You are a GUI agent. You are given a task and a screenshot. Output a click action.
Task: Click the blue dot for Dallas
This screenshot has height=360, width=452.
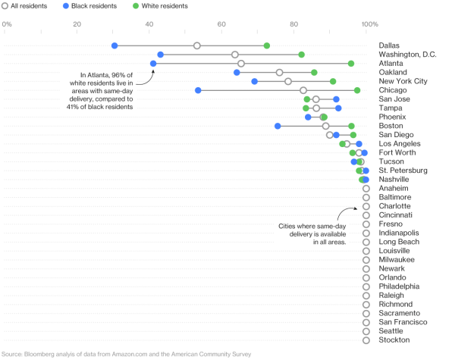click(x=115, y=45)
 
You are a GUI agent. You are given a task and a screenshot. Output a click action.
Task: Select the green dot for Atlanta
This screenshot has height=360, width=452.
click(x=351, y=64)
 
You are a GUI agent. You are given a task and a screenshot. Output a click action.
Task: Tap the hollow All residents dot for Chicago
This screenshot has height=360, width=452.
click(x=303, y=90)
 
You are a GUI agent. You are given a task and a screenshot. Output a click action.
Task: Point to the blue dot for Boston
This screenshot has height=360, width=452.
click(x=278, y=126)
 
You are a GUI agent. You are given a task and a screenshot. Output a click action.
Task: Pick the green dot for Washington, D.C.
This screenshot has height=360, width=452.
click(x=301, y=55)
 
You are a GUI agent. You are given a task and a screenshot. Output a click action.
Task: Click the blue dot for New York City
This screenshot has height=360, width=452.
click(x=254, y=82)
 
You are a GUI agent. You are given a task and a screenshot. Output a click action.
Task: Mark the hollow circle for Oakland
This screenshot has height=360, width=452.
click(x=279, y=73)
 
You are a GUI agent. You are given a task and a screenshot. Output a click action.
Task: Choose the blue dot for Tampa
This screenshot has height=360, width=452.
click(x=338, y=108)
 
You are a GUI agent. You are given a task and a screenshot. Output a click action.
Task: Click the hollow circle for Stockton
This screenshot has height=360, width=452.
click(x=366, y=340)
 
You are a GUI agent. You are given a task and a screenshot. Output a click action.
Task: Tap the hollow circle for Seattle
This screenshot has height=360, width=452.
click(x=366, y=331)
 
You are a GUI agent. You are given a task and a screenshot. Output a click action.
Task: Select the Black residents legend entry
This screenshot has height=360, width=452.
click(x=90, y=6)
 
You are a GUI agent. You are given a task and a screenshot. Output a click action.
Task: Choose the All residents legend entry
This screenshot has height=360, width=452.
click(x=24, y=6)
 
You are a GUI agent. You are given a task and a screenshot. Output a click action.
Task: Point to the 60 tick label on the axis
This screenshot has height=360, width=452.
click(x=221, y=24)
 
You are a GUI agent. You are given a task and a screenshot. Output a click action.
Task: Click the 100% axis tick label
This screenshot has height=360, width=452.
click(x=370, y=24)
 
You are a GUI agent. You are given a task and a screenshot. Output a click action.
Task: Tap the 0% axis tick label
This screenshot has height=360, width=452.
click(x=7, y=24)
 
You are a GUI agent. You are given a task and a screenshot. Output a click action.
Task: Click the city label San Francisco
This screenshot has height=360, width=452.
click(x=403, y=322)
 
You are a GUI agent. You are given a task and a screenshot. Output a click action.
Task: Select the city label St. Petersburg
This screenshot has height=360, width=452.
click(x=403, y=171)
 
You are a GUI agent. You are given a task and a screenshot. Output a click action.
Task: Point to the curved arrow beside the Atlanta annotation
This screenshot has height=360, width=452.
click(x=147, y=80)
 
